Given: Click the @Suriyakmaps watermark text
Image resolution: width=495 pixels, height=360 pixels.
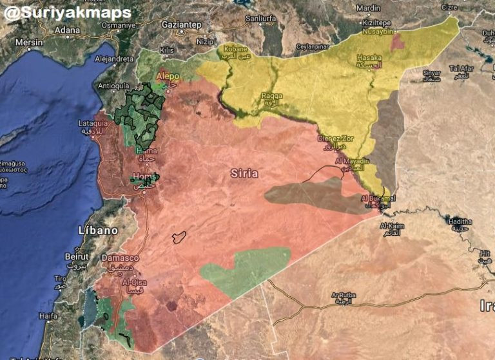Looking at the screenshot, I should tap(67, 12).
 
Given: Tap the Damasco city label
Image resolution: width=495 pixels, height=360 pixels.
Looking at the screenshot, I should tap(120, 258).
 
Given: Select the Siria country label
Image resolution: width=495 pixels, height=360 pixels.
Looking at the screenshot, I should tap(244, 173).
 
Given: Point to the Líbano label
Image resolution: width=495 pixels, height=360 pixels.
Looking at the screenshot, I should tap(98, 230).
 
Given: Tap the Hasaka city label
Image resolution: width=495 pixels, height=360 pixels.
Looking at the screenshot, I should tap(369, 58).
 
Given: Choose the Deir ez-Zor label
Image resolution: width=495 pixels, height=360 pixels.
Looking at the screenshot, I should tap(336, 138).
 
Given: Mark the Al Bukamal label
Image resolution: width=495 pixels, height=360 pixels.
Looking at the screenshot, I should tap(378, 198).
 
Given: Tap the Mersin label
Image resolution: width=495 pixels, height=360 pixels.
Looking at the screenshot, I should tap(28, 42).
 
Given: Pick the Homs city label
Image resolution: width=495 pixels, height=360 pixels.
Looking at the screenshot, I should tap(142, 176).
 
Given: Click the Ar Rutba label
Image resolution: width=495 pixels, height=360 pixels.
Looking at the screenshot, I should tap(343, 296).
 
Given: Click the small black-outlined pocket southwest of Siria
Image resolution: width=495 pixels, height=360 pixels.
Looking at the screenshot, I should tap(179, 237).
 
